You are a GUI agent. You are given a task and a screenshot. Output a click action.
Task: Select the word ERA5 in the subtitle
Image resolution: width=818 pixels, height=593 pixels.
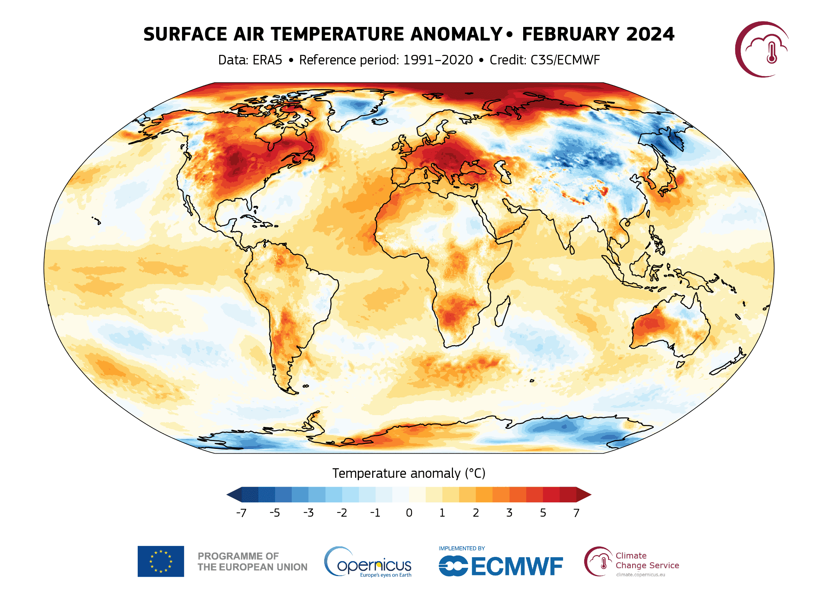pos(267,60)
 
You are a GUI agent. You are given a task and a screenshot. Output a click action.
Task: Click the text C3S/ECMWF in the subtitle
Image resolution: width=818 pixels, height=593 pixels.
pos(565,60)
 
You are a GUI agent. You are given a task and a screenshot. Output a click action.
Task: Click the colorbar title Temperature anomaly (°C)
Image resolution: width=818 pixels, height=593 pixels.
pos(409,473)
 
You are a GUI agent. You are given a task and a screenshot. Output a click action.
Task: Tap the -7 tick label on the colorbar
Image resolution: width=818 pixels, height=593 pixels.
pos(241,513)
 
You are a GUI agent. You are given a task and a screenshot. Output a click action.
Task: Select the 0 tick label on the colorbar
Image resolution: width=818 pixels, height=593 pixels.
pos(409,513)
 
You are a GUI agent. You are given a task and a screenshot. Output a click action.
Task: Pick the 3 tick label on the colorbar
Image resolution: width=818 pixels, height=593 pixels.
pos(509,513)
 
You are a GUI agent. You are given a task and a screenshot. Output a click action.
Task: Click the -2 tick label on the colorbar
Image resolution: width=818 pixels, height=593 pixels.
pos(342,513)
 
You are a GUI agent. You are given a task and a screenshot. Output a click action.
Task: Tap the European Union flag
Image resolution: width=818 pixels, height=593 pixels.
pos(161,562)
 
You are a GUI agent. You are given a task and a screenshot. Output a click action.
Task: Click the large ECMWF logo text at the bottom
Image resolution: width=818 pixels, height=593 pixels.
pos(516,566)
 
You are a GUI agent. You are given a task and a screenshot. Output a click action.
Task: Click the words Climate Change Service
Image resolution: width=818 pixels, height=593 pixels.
pos(647,561)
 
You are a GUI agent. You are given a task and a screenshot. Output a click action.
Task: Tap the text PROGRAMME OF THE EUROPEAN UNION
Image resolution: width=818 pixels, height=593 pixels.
pos(252,562)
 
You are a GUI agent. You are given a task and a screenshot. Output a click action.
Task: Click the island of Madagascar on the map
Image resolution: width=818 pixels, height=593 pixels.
pos(502,311)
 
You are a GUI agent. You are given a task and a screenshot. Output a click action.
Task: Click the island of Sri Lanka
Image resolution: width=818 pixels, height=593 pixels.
pos(572,249)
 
